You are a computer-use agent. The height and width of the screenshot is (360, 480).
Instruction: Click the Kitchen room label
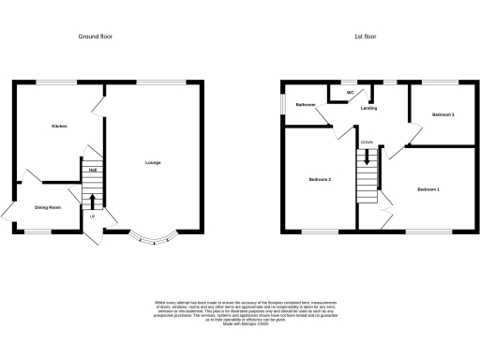[58, 125]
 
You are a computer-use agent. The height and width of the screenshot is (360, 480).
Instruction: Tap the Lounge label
[153, 163]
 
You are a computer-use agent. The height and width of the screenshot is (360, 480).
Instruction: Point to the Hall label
[93, 171]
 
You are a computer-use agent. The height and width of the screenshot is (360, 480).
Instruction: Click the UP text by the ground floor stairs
[92, 217]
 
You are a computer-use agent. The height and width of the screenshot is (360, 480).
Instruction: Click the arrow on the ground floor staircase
[93, 200]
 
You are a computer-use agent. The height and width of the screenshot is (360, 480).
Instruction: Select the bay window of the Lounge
[150, 238]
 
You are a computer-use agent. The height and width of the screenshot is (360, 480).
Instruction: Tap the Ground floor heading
[103, 37]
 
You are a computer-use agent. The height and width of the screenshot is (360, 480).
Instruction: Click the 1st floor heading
[365, 37]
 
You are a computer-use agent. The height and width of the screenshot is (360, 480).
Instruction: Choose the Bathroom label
[306, 105]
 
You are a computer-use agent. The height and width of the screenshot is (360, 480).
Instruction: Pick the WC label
[350, 93]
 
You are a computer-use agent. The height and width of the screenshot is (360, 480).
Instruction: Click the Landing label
[369, 108]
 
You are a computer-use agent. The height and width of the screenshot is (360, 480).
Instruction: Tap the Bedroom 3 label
[442, 114]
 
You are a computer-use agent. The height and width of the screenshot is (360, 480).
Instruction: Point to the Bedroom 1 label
[428, 189]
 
